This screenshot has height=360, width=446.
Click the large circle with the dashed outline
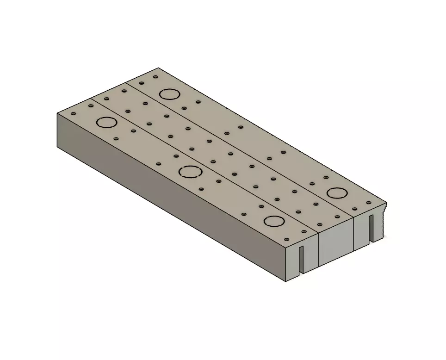click(190, 172)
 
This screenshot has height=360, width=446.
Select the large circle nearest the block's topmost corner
click(169, 94)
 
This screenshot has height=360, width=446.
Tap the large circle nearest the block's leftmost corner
click(106, 123)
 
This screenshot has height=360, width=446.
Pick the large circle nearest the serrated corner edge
click(336, 193)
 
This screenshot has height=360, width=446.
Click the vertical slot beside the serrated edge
click(371, 229)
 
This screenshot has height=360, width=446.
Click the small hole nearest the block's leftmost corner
click(73, 113)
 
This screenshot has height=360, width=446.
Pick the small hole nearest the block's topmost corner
click(156, 77)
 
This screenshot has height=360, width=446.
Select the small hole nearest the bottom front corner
click(286, 239)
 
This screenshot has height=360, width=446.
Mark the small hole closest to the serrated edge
click(369, 203)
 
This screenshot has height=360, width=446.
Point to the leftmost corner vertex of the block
click(57, 113)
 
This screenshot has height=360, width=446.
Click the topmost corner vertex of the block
click(159, 68)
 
